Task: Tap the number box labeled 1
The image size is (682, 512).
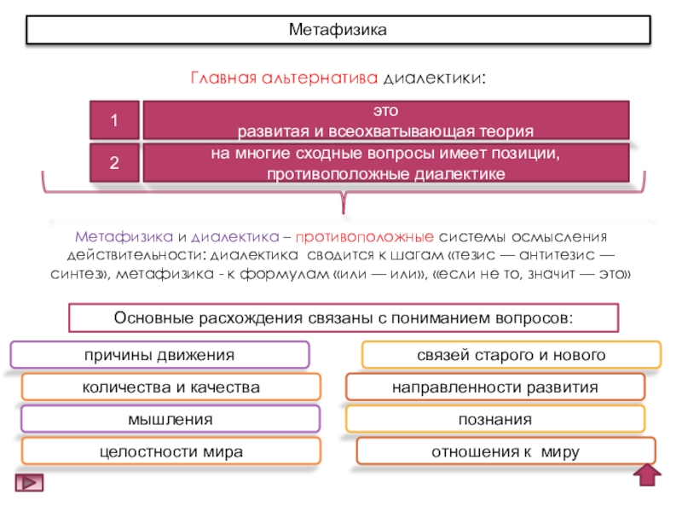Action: [113, 122]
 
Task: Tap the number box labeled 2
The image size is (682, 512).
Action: [113, 163]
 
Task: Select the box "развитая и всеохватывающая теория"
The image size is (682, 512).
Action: [385, 121]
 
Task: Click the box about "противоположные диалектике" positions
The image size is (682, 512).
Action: [385, 163]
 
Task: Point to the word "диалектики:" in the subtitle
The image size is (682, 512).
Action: [435, 79]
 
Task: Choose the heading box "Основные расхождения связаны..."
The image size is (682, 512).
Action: [343, 318]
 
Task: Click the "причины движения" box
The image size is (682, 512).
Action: [159, 354]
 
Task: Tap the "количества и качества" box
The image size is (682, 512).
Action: [170, 387]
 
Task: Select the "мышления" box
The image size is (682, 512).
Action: [170, 419]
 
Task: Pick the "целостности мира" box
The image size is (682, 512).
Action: [170, 451]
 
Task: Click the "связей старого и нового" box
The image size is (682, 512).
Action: [511, 354]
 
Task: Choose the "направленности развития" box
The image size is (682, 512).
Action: [495, 387]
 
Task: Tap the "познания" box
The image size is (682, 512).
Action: [495, 419]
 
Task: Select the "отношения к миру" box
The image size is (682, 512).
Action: [506, 451]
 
